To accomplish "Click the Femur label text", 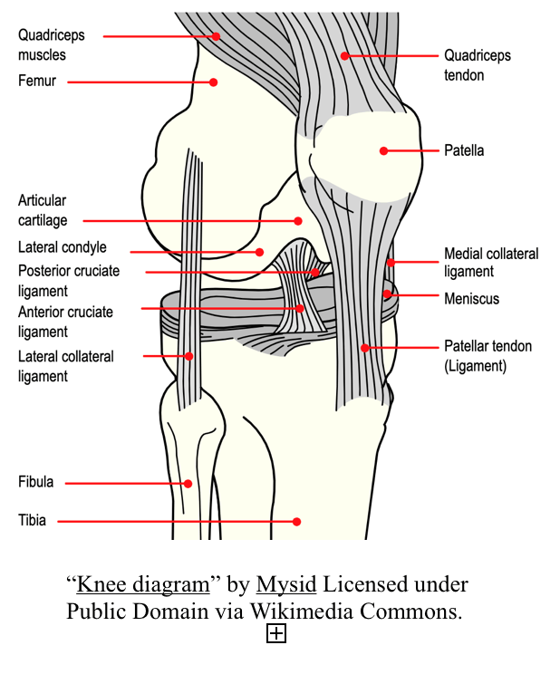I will [37, 82].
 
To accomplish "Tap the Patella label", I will [464, 150].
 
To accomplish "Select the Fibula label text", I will [36, 482].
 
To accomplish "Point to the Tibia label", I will [32, 521].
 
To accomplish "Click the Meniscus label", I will [471, 298].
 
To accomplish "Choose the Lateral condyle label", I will [63, 247].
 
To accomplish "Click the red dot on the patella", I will [383, 150].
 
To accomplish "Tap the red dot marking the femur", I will [213, 82].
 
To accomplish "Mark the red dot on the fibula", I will [188, 484].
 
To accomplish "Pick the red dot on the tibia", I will [296, 521].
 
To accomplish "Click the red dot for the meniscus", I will [386, 294].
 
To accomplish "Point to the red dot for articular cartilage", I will [297, 220].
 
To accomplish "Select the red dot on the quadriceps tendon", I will [344, 55].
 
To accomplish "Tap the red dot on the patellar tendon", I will [364, 347].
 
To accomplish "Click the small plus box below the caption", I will [276, 634].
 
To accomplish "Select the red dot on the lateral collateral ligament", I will [188, 356].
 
